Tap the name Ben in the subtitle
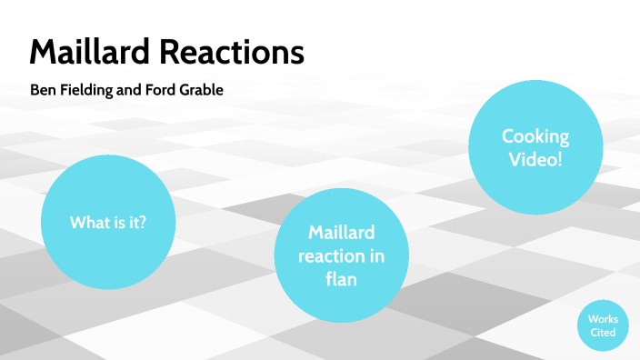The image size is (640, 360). [43, 91]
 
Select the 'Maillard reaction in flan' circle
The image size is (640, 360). [341, 256]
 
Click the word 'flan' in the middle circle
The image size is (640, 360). [341, 280]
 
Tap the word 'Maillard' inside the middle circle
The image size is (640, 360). [341, 234]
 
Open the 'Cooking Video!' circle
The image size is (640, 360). [535, 148]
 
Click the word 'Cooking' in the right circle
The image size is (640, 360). [535, 137]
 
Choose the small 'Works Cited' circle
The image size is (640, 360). [603, 325]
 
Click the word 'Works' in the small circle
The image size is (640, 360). [603, 319]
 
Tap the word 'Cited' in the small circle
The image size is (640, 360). [603, 333]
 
